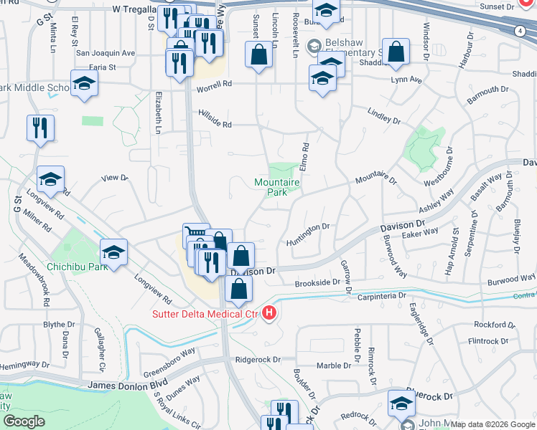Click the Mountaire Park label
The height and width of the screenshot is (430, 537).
coord(276,187)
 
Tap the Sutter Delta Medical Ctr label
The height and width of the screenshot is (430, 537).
coord(204,313)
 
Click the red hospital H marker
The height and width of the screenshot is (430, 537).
coord(269,312)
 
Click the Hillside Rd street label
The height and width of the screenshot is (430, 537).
coord(215,124)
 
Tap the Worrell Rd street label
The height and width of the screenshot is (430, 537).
coord(217,83)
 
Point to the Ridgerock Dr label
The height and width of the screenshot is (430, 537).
coord(256,358)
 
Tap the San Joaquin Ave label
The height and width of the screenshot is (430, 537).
coord(106,53)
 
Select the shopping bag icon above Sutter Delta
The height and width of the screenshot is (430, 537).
coord(238,289)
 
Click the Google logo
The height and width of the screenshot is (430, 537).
coord(24,421)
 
